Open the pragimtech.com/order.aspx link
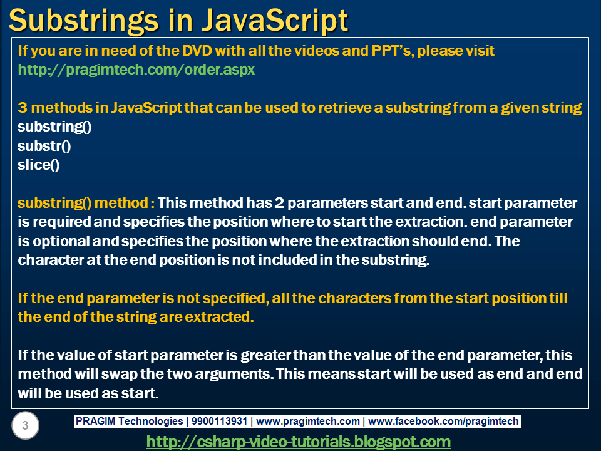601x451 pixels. pyautogui.click(x=136, y=70)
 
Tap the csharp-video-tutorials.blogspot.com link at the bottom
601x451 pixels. pyautogui.click(x=298, y=442)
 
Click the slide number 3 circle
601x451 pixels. pyautogui.click(x=25, y=427)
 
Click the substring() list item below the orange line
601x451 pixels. pyautogui.click(x=54, y=127)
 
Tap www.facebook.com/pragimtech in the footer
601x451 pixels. pyautogui.click(x=444, y=422)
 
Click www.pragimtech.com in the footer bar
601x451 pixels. pyautogui.click(x=308, y=422)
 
